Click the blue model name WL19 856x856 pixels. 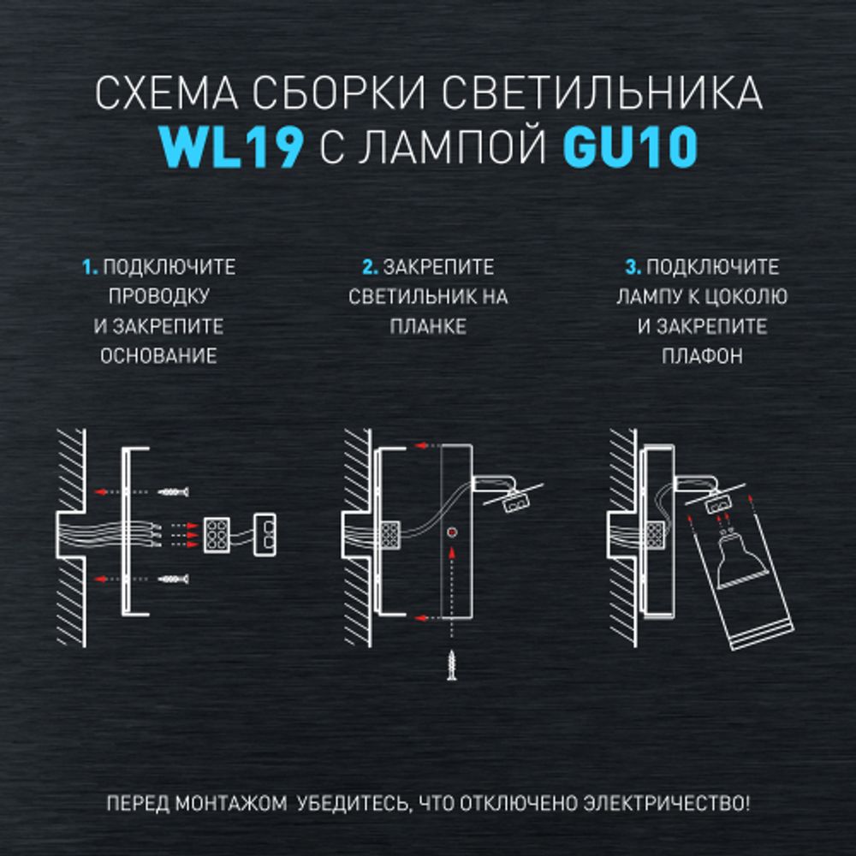(x=231, y=149)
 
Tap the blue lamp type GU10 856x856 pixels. (x=629, y=149)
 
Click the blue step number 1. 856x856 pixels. (x=89, y=268)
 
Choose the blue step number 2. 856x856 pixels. (x=370, y=268)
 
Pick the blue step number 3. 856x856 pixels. (x=633, y=268)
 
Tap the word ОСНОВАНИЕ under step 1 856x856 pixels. (x=158, y=356)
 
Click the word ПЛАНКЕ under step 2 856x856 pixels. (x=428, y=327)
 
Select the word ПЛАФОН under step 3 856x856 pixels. (x=702, y=356)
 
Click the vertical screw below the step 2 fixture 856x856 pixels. (x=451, y=663)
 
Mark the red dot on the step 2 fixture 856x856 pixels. (x=451, y=532)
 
